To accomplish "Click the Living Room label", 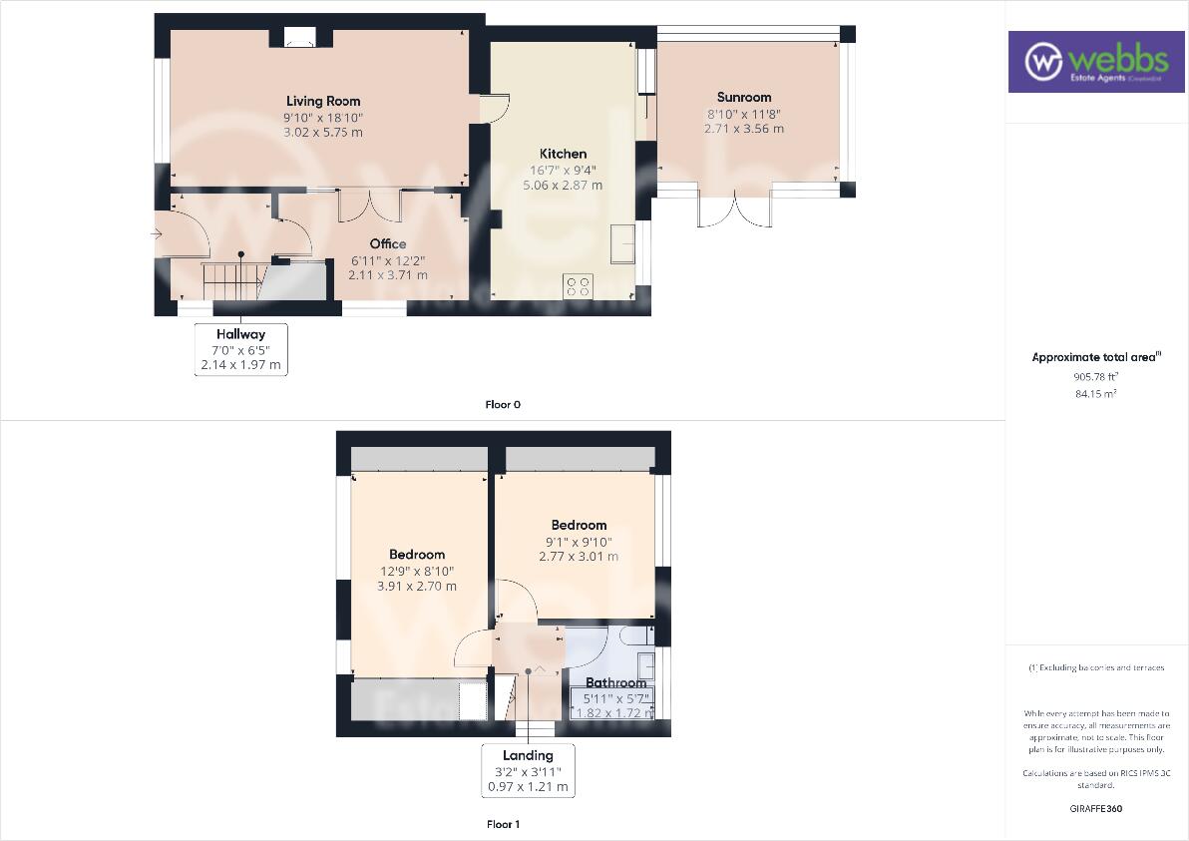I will (323, 101).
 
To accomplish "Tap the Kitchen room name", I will (563, 154).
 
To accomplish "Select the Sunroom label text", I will (744, 97).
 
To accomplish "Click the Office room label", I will (388, 243).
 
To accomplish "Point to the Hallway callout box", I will (240, 349).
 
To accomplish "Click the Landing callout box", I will (528, 771).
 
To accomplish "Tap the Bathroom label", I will (615, 683).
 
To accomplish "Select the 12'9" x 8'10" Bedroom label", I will (417, 555).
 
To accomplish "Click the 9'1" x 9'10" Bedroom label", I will (579, 525).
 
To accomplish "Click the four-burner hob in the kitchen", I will (579, 286).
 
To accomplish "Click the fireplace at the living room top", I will (298, 38).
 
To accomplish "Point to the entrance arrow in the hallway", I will (157, 233).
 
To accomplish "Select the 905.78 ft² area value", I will (1094, 376).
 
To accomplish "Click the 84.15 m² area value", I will (1094, 393).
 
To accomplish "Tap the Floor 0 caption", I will (503, 404).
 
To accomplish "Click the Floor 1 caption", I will (503, 824).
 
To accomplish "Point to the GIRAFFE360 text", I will (1094, 808).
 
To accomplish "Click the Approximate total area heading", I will (1095, 357).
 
